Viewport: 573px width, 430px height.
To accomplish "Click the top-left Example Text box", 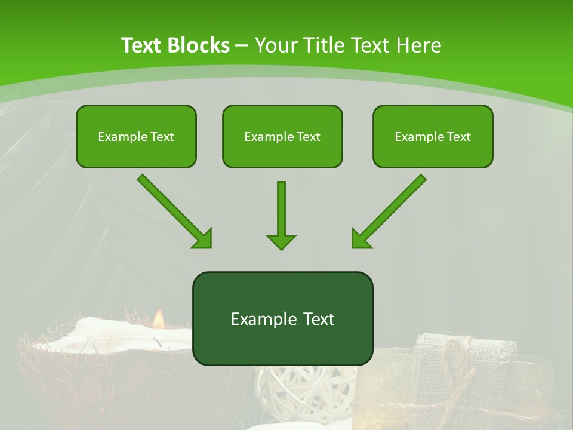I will pyautogui.click(x=136, y=136).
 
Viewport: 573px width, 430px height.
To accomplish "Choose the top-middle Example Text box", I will pyautogui.click(x=282, y=136).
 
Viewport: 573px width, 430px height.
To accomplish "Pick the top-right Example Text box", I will pyautogui.click(x=433, y=136).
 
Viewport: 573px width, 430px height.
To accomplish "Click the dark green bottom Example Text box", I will pyautogui.click(x=282, y=318).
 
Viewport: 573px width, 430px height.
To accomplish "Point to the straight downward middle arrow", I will pyautogui.click(x=281, y=212).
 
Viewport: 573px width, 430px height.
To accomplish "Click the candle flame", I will pyautogui.click(x=159, y=320).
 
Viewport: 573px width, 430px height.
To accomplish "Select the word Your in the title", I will pyautogui.click(x=275, y=45).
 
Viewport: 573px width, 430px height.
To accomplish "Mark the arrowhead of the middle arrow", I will pyautogui.click(x=281, y=241).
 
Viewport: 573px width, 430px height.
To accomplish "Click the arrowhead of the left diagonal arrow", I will pyautogui.click(x=203, y=239).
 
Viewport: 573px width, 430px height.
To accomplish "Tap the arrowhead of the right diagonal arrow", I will pyautogui.click(x=360, y=239).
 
